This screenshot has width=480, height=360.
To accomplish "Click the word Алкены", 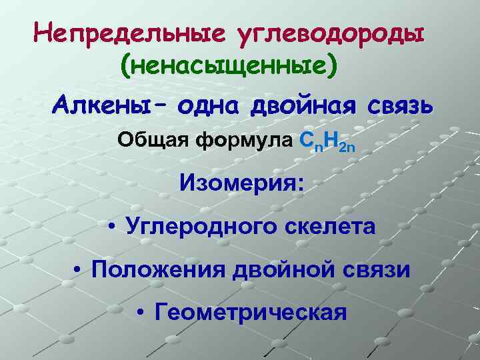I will [105, 105].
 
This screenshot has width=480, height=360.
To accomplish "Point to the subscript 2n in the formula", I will [357, 146].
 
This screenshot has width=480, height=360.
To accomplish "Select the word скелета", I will [327, 226].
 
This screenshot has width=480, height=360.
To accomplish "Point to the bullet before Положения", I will [79, 270].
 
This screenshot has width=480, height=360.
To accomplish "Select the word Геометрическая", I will [251, 311].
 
